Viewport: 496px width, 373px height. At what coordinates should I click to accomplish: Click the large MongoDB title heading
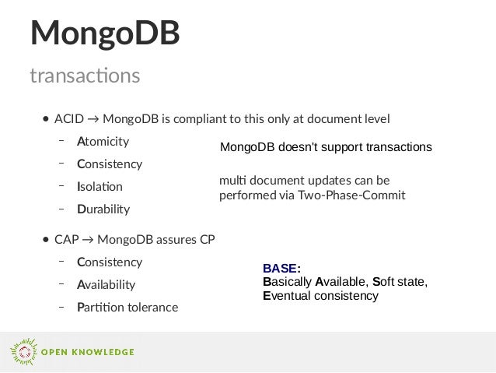coord(105,33)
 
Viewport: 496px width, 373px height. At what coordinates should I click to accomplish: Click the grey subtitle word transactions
coord(85,76)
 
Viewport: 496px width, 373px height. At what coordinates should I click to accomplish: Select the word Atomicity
coord(103,142)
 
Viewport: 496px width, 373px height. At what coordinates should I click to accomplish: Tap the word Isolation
coord(100,187)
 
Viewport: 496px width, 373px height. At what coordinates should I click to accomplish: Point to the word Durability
coord(103,209)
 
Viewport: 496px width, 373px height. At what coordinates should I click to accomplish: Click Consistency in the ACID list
coord(110,164)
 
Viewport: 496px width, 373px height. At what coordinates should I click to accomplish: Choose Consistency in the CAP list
coord(110,262)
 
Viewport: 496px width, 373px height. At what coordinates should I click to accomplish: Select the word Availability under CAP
coord(106,285)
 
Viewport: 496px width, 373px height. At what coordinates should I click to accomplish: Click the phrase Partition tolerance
coord(127,308)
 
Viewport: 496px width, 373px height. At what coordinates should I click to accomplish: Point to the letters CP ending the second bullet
coord(207,240)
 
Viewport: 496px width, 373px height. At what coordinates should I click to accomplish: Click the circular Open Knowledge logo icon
coord(23,352)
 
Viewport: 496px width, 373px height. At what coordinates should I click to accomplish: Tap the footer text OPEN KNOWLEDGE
coord(87,353)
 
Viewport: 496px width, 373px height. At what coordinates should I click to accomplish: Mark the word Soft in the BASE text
coord(385,282)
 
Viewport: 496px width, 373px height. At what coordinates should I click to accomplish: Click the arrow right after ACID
coord(93,119)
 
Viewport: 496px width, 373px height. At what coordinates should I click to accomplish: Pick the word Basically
coord(287,282)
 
